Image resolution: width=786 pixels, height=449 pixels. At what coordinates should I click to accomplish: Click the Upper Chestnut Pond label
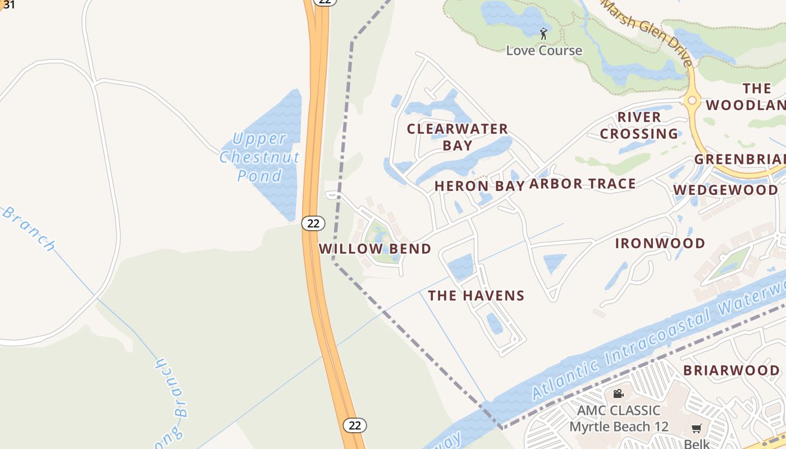click(259, 157)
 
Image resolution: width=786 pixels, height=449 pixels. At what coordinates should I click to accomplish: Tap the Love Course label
click(544, 51)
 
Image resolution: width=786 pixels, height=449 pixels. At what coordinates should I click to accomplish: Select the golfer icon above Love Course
click(543, 34)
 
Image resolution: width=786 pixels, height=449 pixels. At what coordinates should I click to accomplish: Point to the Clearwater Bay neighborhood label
click(457, 137)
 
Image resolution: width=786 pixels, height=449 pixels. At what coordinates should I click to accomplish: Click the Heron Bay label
click(479, 186)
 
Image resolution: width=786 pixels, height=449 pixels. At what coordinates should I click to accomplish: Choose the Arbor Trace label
click(582, 184)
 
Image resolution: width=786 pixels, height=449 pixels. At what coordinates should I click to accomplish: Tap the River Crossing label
click(639, 125)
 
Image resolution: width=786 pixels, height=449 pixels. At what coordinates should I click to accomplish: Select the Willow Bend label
click(374, 249)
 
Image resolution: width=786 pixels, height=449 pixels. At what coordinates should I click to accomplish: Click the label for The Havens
click(476, 295)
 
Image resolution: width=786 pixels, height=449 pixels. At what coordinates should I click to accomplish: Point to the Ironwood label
click(660, 243)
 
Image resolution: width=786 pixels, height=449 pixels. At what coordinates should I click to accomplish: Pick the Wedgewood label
click(725, 190)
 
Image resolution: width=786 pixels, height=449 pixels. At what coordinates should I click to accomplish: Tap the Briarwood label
click(731, 370)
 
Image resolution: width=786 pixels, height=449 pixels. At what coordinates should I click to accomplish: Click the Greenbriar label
click(740, 159)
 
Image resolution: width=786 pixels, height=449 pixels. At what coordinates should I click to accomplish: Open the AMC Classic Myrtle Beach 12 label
click(619, 418)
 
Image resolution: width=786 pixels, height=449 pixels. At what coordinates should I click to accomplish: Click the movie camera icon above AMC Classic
click(618, 394)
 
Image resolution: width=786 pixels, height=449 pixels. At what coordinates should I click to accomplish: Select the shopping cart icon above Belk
click(697, 429)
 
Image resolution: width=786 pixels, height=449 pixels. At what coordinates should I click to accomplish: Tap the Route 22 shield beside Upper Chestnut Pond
click(313, 223)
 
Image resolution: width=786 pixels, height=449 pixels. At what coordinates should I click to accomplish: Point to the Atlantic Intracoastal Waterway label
click(657, 342)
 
